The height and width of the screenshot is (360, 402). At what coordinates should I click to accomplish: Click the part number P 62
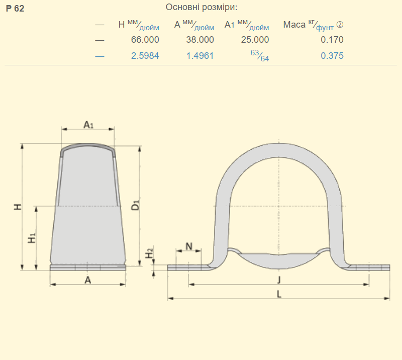click(15, 9)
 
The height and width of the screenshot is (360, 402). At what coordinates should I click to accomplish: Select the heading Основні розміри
click(202, 7)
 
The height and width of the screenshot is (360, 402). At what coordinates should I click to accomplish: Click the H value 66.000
click(145, 40)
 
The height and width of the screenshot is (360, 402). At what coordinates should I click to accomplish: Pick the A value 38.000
click(200, 40)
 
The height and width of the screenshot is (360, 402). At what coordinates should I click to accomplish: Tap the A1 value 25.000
click(255, 40)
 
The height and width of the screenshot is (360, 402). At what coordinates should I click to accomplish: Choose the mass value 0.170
click(332, 40)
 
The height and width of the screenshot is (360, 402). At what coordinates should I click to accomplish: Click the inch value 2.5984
click(145, 56)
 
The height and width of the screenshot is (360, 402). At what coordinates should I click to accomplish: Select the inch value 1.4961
click(200, 56)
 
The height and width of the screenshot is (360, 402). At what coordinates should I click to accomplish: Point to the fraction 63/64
click(260, 56)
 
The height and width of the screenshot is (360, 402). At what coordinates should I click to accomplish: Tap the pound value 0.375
click(332, 56)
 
